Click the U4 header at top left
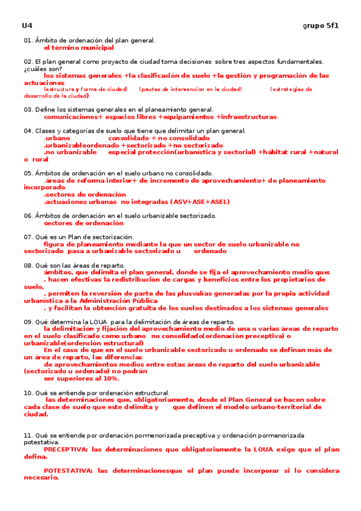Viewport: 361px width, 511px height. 27,26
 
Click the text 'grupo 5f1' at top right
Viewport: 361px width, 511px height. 320,26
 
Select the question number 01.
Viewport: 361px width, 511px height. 28,40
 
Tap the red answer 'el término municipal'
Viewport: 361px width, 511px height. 78,47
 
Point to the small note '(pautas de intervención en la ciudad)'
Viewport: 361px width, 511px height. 190,89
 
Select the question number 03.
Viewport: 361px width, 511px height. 28,110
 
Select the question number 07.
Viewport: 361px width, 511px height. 28,237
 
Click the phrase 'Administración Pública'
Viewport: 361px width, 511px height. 110,300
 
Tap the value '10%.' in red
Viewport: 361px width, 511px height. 110,378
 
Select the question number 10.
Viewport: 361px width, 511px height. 28,392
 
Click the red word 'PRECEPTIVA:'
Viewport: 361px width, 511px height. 65,450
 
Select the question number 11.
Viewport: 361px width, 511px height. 28,435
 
